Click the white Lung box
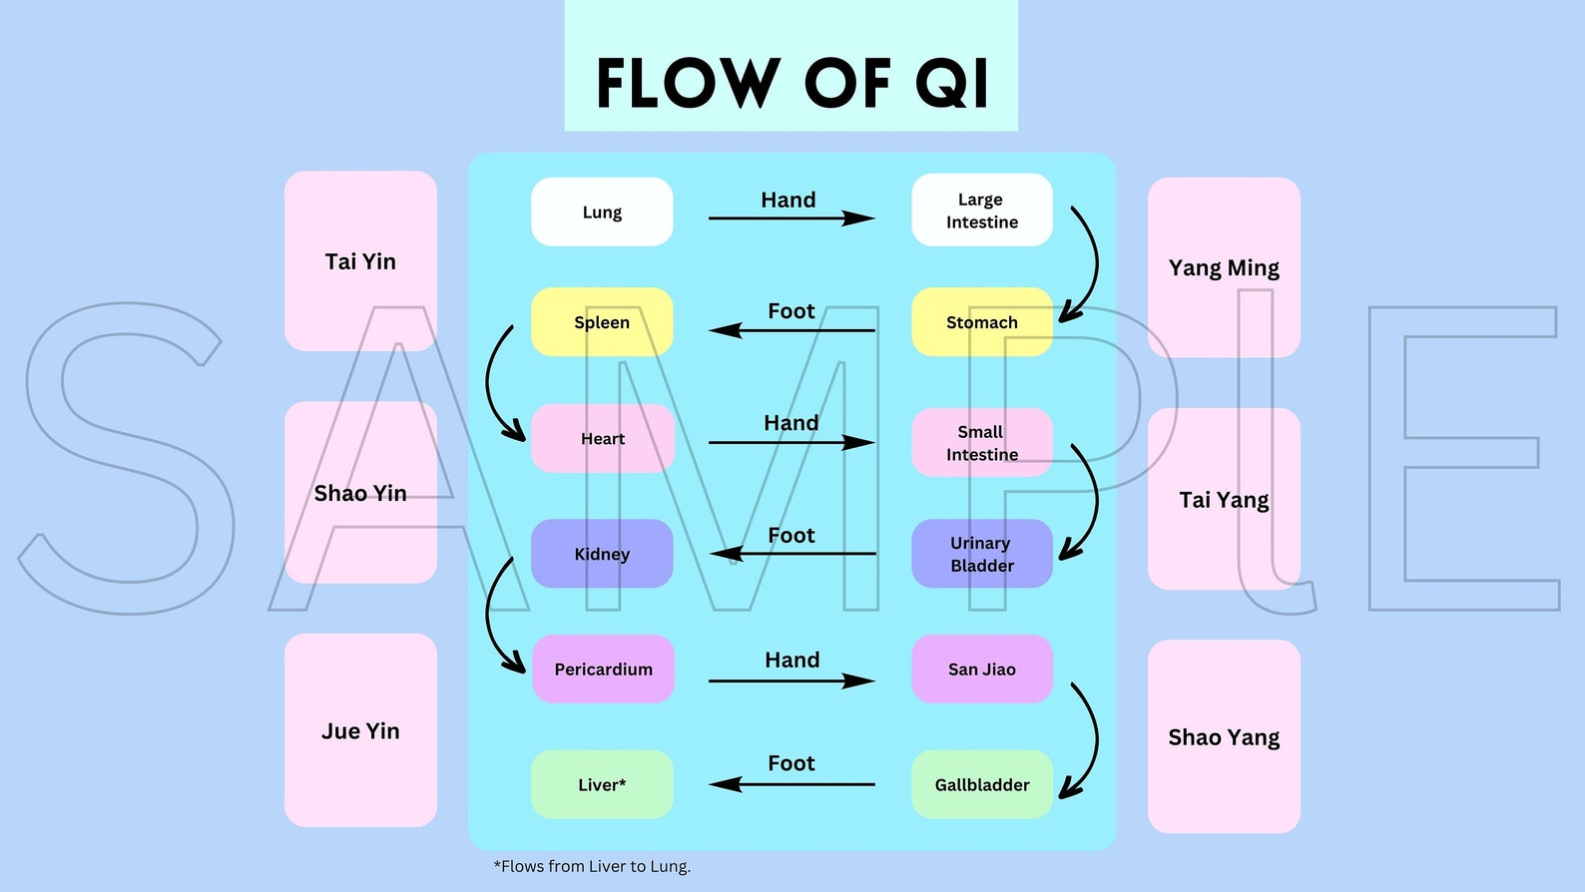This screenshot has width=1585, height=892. (602, 212)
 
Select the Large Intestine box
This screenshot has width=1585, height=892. (982, 211)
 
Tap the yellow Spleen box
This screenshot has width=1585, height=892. (602, 322)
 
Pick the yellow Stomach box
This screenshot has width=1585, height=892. (982, 322)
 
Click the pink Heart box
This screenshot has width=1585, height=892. (603, 438)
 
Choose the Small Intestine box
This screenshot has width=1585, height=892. (982, 443)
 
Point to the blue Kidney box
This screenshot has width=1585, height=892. (602, 554)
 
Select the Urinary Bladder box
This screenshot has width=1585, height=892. (982, 554)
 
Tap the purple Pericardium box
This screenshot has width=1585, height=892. (603, 669)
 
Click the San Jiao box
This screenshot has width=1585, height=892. (982, 669)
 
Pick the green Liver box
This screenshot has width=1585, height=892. (602, 785)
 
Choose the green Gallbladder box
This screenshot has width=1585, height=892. (982, 785)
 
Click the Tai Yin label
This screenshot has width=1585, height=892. (360, 261)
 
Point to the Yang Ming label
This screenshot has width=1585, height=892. (1224, 267)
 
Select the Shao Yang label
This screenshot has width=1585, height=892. (1224, 737)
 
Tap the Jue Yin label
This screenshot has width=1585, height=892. (360, 731)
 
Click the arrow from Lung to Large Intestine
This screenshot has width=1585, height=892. (791, 218)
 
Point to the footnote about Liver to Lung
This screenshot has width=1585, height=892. (592, 866)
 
